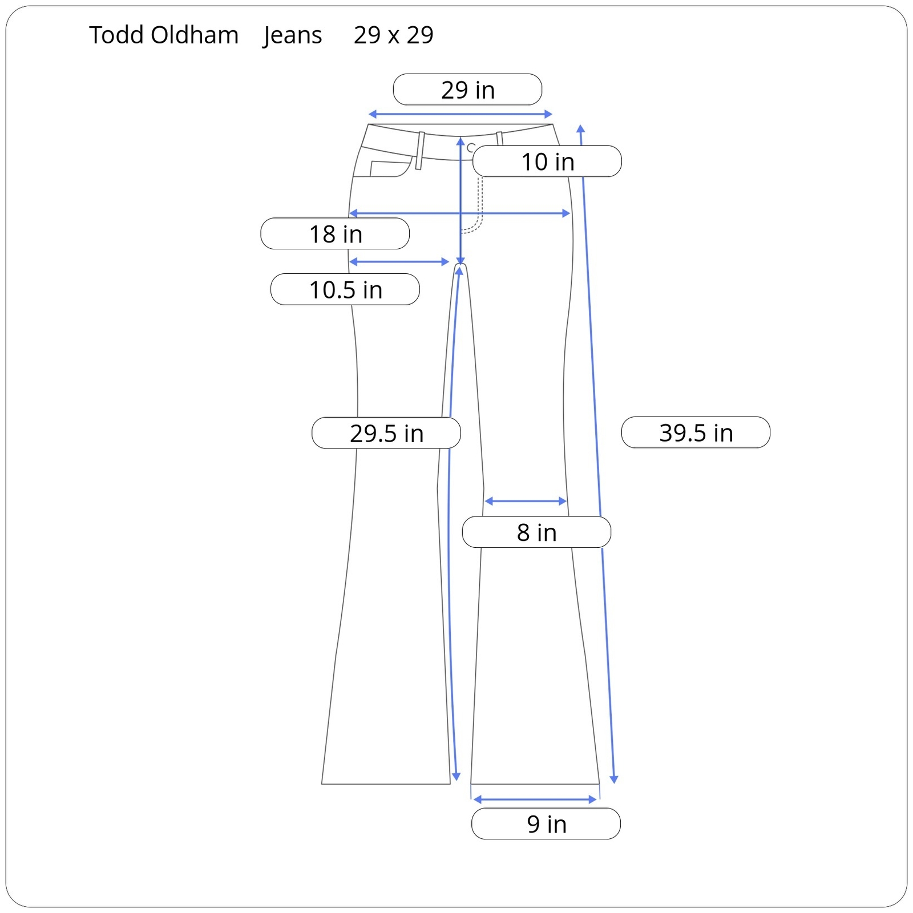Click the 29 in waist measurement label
(x=467, y=90)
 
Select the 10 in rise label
(x=547, y=161)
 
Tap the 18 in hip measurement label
(x=335, y=234)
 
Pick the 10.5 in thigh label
(x=345, y=289)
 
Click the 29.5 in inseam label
(x=386, y=433)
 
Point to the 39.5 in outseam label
(x=696, y=433)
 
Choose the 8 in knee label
(x=536, y=532)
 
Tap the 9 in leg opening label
(x=546, y=824)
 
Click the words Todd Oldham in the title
(x=164, y=35)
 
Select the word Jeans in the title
(x=293, y=36)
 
